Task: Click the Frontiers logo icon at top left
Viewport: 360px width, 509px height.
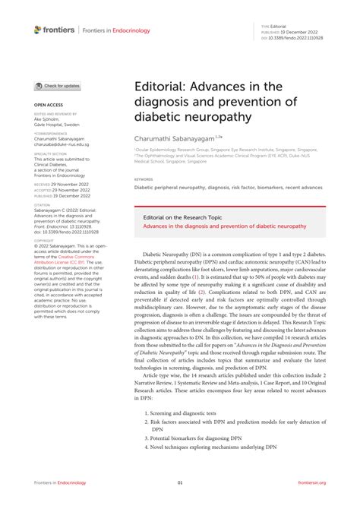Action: coord(38,29)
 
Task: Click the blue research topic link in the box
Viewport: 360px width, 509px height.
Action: coord(225,226)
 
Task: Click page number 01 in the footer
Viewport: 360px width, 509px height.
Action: coord(180,482)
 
